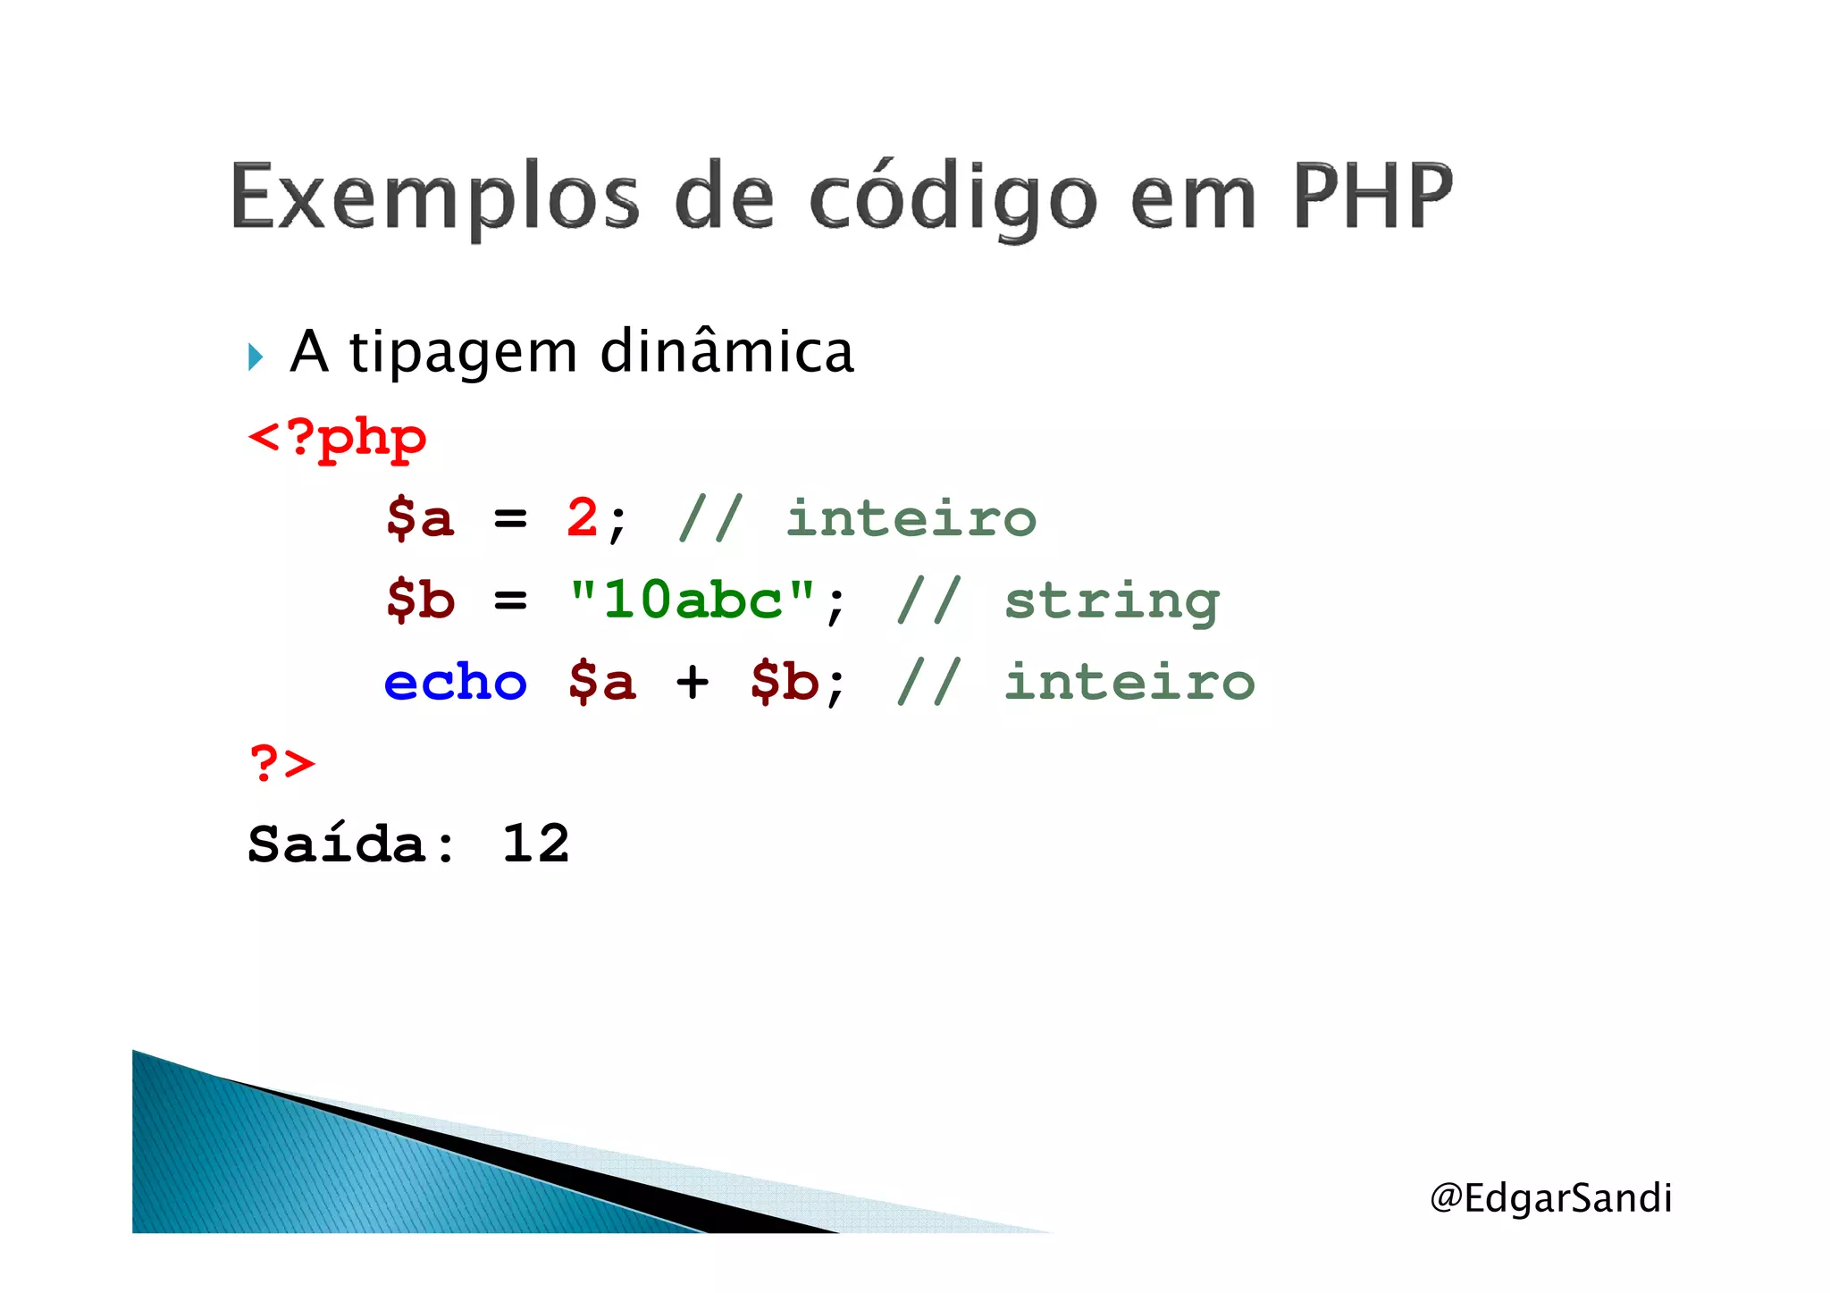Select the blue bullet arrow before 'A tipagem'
tap(256, 357)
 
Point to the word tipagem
tap(463, 354)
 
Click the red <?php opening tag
tap(337, 438)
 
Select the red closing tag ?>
tap(282, 764)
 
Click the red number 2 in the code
tap(583, 518)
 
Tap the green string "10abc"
tap(693, 600)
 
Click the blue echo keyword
tap(456, 683)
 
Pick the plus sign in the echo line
tap(693, 683)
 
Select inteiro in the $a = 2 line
tap(911, 518)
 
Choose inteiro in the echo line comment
tap(1129, 683)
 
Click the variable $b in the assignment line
tap(421, 600)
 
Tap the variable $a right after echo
tap(601, 683)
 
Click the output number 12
tap(535, 844)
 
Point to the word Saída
tap(351, 844)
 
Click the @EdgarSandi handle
tap(1550, 1197)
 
